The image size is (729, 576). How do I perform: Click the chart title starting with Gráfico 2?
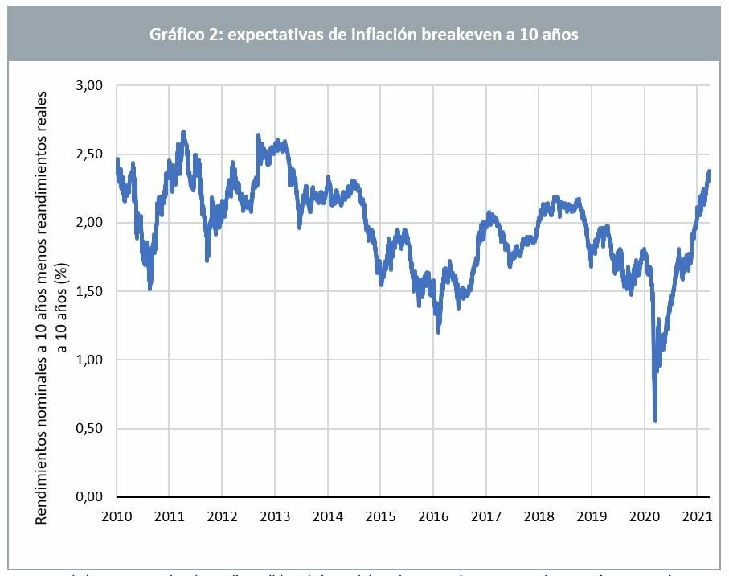(364, 35)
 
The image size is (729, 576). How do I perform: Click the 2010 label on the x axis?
(117, 515)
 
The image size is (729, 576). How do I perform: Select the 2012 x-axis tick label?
(222, 515)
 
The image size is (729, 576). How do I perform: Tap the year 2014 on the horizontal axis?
(327, 515)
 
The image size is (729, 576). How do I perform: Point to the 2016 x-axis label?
(433, 515)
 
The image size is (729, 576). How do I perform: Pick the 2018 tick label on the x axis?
(539, 515)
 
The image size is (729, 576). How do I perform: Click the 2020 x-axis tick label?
(645, 515)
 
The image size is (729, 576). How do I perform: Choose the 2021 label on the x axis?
(697, 515)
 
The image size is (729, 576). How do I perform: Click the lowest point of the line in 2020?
(656, 420)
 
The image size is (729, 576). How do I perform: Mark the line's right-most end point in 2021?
(709, 171)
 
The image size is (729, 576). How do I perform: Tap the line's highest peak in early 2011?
(183, 132)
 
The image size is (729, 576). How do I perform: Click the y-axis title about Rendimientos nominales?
(49, 306)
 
